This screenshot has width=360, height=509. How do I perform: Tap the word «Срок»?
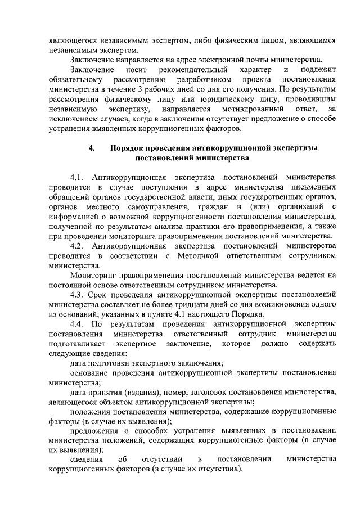(105, 295)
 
